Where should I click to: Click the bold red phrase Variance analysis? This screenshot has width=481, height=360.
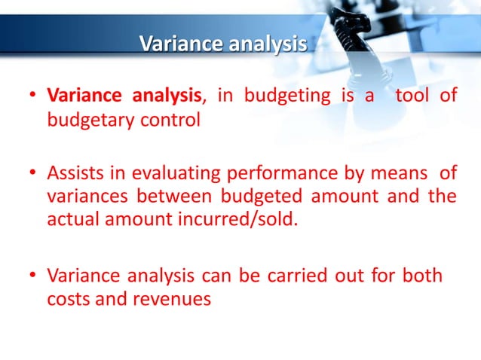click(x=126, y=96)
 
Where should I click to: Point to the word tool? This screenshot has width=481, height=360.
click(x=412, y=96)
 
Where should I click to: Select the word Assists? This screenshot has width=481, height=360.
click(x=75, y=175)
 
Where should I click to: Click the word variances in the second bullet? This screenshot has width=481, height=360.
click(x=81, y=198)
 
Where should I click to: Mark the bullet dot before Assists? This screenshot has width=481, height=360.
click(x=32, y=176)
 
